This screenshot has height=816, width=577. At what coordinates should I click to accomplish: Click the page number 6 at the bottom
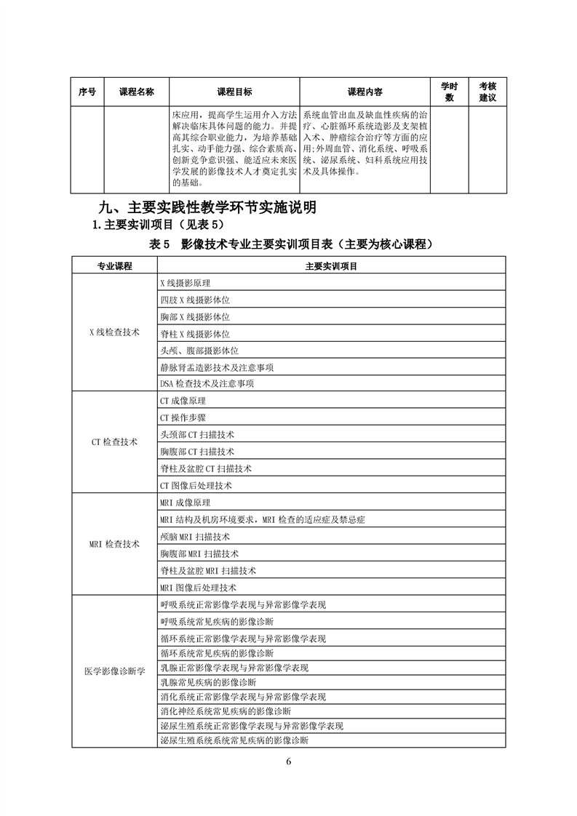pyautogui.click(x=289, y=762)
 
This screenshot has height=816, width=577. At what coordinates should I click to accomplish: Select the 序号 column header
pyautogui.click(x=87, y=92)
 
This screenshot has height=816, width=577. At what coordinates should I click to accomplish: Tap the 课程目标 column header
pyautogui.click(x=234, y=92)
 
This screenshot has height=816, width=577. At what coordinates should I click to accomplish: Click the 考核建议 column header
pyautogui.click(x=488, y=92)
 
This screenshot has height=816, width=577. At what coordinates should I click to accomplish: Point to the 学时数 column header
pyautogui.click(x=449, y=92)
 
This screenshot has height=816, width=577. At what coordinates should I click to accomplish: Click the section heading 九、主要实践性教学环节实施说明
pyautogui.click(x=207, y=207)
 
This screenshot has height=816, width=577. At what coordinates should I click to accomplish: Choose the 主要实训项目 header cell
pyautogui.click(x=331, y=266)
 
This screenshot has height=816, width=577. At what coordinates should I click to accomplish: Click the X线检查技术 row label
pyautogui.click(x=114, y=332)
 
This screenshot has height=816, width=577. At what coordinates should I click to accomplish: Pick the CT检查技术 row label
pyautogui.click(x=114, y=442)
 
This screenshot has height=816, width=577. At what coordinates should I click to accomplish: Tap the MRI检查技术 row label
pyautogui.click(x=114, y=544)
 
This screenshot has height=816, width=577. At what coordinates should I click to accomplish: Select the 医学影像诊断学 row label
pyautogui.click(x=114, y=671)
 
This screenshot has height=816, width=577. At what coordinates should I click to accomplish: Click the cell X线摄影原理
pyautogui.click(x=185, y=283)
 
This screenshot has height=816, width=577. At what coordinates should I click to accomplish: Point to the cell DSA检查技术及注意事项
pyautogui.click(x=207, y=383)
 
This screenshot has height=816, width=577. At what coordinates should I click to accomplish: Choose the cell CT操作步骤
pyautogui.click(x=183, y=417)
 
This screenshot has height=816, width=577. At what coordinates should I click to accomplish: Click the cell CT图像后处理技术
pyautogui.click(x=196, y=485)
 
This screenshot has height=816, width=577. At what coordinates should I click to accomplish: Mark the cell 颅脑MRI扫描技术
pyautogui.click(x=194, y=537)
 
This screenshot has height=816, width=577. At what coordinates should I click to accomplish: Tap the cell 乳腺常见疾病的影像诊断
pyautogui.click(x=208, y=682)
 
